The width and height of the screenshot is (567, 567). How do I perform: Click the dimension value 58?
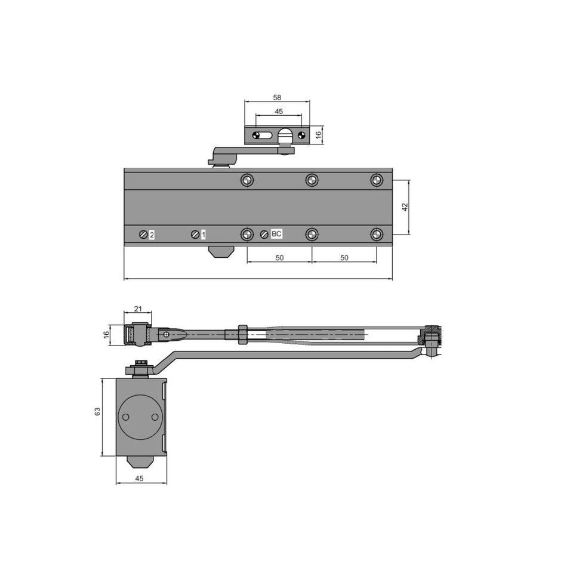[x=277, y=97]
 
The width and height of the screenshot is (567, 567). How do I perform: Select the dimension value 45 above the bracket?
[x=279, y=111]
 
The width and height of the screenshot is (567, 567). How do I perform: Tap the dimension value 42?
[x=405, y=207]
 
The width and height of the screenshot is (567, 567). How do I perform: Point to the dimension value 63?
[x=97, y=411]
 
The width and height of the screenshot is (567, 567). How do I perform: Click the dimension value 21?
[x=138, y=309]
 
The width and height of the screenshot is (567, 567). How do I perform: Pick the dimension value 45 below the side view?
[x=140, y=477]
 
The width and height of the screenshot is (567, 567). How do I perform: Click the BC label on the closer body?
[x=276, y=234]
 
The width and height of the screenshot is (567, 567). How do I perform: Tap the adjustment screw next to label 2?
[x=143, y=235]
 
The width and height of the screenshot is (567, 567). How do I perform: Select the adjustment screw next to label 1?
[x=195, y=235]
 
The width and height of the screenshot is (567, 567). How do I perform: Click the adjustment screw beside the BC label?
[x=264, y=235]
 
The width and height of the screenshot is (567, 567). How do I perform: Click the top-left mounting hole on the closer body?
[x=247, y=180]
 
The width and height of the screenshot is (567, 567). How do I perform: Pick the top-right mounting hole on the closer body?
[x=376, y=180]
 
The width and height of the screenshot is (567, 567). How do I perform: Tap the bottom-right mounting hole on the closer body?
[x=376, y=235]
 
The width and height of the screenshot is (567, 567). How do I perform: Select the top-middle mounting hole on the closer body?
[x=312, y=180]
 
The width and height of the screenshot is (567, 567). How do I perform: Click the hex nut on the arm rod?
[x=242, y=334]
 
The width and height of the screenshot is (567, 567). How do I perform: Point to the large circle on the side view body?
[x=139, y=417]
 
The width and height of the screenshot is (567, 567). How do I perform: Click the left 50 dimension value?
[x=279, y=257]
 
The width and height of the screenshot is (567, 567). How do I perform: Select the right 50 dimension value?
[x=344, y=257]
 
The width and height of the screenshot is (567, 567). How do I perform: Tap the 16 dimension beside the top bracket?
[x=319, y=135]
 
